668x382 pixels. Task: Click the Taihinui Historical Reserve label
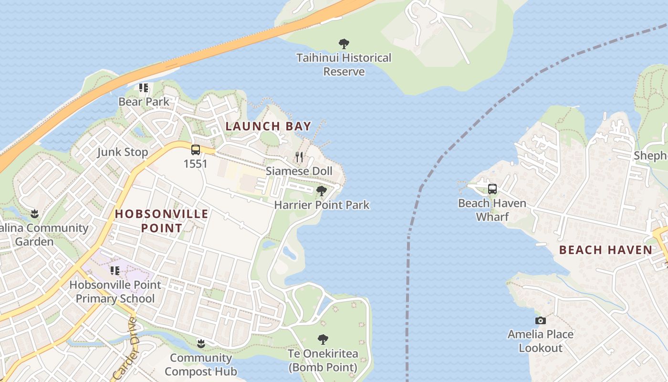click(x=344, y=64)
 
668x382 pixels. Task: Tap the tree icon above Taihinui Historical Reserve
click(x=344, y=44)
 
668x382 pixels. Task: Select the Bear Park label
click(x=144, y=102)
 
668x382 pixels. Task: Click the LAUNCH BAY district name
click(x=268, y=127)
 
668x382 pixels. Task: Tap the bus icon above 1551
click(x=196, y=150)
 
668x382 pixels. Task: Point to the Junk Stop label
click(x=122, y=152)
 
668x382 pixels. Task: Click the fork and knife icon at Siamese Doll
click(x=299, y=157)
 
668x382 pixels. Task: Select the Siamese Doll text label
click(x=299, y=171)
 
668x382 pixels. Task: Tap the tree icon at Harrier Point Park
click(x=322, y=191)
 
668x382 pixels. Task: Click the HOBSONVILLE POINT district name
click(x=162, y=221)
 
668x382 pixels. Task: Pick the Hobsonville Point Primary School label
click(x=115, y=292)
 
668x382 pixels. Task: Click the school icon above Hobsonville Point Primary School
click(x=115, y=271)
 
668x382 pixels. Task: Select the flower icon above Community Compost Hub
click(x=201, y=343)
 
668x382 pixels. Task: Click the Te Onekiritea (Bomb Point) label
click(x=323, y=361)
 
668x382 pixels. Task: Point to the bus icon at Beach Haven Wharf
click(x=492, y=189)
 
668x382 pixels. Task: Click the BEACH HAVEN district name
click(x=605, y=250)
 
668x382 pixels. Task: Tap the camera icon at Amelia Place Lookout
click(x=540, y=320)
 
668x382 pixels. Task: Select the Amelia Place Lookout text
click(x=540, y=341)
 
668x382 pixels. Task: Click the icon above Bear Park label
click(x=144, y=88)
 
